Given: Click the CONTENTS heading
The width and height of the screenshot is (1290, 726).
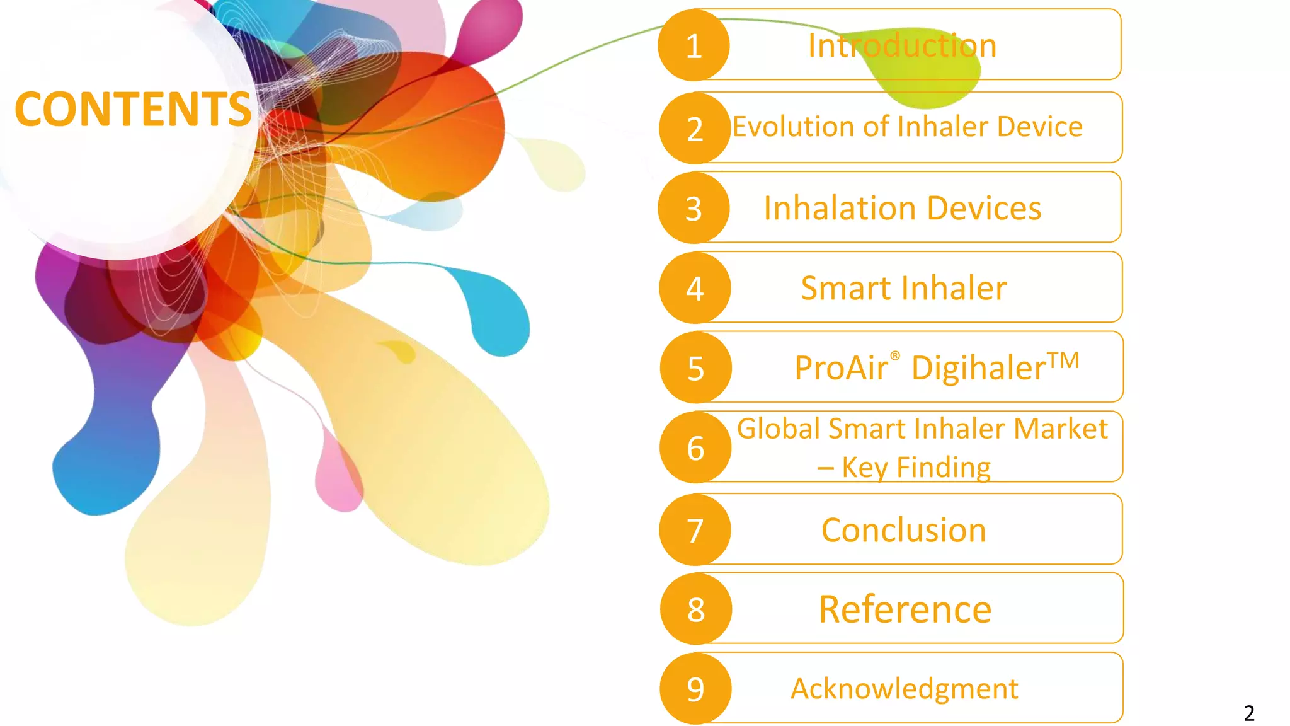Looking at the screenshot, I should click(133, 109).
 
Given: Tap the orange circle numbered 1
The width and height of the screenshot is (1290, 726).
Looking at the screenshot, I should click(694, 45).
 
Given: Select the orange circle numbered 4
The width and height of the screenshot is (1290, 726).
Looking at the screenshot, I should click(695, 288).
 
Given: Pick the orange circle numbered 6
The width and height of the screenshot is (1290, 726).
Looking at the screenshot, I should click(695, 447).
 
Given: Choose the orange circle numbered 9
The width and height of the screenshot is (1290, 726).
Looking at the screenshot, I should click(695, 688).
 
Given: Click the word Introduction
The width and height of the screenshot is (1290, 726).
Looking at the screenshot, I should click(902, 45).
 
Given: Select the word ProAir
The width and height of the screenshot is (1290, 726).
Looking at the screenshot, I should click(842, 368).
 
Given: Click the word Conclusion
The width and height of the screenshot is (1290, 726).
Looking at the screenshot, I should click(903, 530).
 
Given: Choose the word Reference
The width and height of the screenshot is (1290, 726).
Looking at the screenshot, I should click(905, 609).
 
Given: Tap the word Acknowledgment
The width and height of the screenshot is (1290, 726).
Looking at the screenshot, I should click(905, 688).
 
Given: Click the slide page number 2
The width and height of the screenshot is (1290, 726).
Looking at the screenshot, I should click(1249, 713).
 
